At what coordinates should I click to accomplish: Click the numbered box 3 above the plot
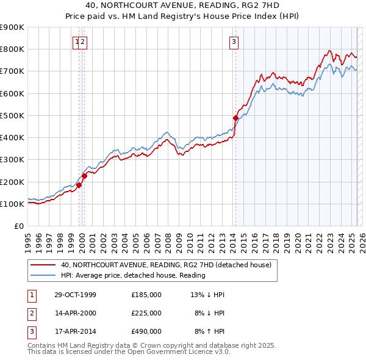point(234,42)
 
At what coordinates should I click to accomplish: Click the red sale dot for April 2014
point(235,117)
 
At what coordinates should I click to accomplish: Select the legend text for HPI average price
point(133,275)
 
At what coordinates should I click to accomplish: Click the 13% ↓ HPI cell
point(207,295)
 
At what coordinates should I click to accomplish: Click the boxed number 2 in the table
point(32,313)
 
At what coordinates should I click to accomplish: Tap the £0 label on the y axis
point(18,226)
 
